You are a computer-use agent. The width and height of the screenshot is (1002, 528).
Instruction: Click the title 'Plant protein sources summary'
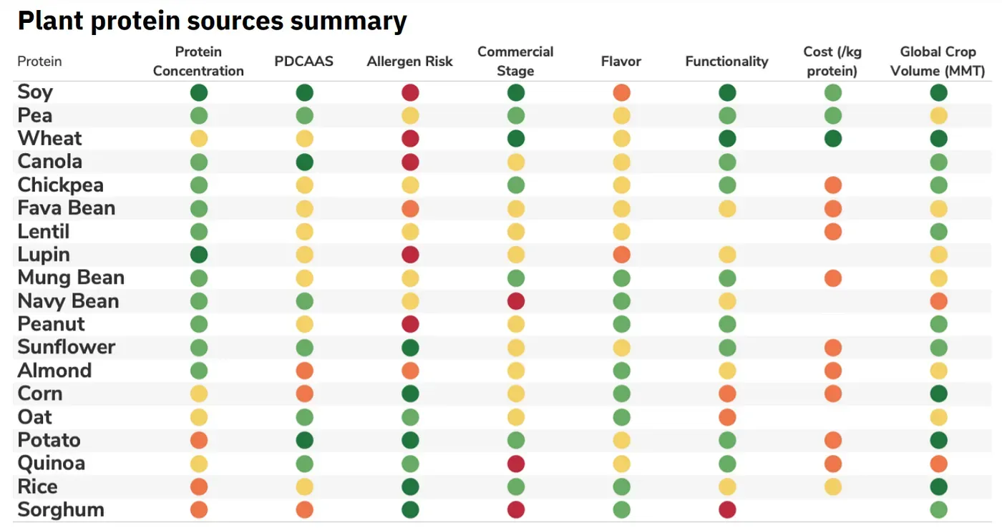(x=212, y=21)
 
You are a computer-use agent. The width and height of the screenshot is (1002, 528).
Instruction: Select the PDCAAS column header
(x=304, y=62)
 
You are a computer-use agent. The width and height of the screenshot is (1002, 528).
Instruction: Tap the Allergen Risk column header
(x=409, y=62)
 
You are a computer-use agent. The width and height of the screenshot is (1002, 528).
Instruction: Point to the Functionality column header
(x=726, y=62)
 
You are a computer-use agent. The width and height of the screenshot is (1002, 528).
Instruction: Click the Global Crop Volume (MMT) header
(x=938, y=62)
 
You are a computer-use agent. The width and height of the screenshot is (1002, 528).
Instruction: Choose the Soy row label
(x=35, y=92)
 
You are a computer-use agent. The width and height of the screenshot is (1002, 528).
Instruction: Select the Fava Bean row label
(x=66, y=208)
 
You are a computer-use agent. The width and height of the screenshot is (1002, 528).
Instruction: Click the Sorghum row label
(x=61, y=510)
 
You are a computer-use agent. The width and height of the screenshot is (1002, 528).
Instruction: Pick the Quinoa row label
(x=52, y=464)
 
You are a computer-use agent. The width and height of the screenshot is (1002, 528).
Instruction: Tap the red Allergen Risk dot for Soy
(x=410, y=92)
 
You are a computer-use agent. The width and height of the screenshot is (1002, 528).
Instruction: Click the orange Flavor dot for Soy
(x=621, y=92)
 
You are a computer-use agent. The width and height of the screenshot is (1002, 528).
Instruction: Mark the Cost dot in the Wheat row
(x=832, y=139)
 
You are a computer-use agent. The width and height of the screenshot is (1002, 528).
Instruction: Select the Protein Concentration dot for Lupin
(x=199, y=255)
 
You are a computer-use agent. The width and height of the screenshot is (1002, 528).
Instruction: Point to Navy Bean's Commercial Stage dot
(x=515, y=301)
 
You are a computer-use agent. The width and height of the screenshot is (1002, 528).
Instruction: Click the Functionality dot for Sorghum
(x=727, y=510)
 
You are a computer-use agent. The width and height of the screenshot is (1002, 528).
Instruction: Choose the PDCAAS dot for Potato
(x=304, y=440)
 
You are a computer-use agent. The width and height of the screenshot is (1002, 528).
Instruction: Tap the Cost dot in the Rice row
(x=832, y=487)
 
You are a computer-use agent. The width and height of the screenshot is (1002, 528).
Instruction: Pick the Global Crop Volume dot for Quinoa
(x=938, y=464)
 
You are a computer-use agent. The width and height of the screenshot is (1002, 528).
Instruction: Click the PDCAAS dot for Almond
(x=304, y=371)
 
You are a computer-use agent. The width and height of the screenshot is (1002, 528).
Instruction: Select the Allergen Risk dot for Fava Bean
(x=410, y=208)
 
